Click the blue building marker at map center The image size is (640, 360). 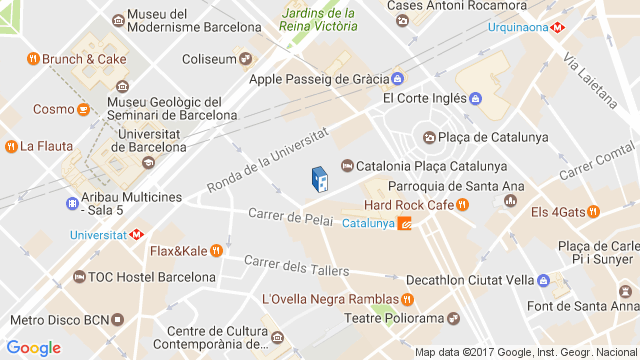coord(319,179)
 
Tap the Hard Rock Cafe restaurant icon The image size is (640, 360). coord(462,205)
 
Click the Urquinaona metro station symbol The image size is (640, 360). coord(556,27)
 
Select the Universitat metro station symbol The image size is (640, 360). coord(137,236)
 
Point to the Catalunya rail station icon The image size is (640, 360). coord(405,223)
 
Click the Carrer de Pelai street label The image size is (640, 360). coord(289,216)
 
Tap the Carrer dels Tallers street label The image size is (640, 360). coord(296,266)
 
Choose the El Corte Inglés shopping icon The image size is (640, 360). coord(475,98)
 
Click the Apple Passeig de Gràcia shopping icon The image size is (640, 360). coord(397,78)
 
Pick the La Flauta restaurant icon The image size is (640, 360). coord(10,146)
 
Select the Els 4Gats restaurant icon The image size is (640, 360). coord(593,212)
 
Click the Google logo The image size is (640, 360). coord(35,347)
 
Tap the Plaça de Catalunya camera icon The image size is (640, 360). coord(429,137)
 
